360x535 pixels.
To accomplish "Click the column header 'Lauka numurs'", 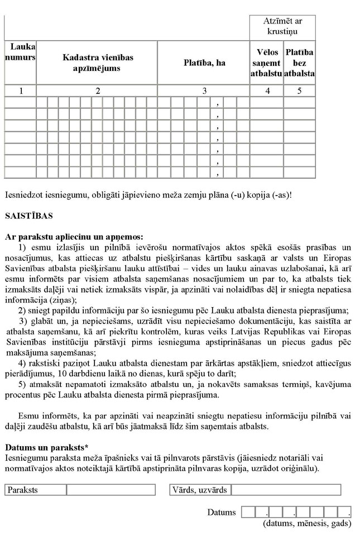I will (20, 53).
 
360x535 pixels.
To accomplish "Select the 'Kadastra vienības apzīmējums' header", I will (98, 63).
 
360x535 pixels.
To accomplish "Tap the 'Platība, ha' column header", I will (204, 63).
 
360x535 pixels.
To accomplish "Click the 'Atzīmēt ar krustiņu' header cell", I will (282, 26).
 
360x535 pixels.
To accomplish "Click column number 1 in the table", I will (20, 91).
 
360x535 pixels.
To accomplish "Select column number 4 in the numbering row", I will (266, 91).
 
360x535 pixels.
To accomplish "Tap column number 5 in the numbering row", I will (300, 91).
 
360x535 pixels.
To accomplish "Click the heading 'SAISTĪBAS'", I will (25, 215).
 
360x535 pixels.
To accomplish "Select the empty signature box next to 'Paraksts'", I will (111, 490).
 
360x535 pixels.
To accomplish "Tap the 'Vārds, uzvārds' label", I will (201, 490).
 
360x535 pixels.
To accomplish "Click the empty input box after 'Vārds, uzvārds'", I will (286, 490).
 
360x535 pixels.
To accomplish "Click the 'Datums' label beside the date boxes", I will (222, 512).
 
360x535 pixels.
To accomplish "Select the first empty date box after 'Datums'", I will (248, 512).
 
